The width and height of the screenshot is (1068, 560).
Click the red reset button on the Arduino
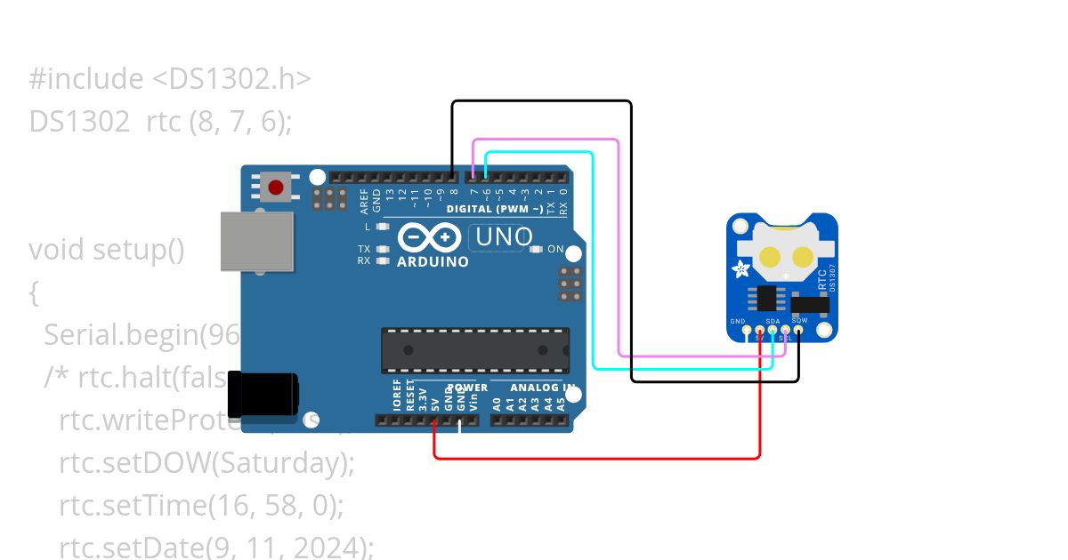276,188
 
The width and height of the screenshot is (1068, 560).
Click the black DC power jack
263,395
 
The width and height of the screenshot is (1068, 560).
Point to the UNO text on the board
504,237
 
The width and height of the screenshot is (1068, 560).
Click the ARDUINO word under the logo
433,262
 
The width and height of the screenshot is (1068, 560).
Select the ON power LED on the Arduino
537,249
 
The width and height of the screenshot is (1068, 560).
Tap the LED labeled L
383,227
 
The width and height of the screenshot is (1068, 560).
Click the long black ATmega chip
475,350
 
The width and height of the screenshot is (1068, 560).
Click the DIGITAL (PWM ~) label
495,210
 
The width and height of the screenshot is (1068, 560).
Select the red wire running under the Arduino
596,459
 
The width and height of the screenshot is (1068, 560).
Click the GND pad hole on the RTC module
746,330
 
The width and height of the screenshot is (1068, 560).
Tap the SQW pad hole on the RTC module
798,330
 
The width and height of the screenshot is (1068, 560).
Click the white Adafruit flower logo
740,269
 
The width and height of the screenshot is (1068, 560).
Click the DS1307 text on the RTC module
833,282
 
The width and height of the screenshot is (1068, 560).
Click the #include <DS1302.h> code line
170,79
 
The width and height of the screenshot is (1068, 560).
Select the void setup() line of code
106,250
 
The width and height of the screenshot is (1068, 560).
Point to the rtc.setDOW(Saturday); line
206,463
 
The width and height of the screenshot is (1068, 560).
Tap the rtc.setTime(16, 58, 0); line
201,506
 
